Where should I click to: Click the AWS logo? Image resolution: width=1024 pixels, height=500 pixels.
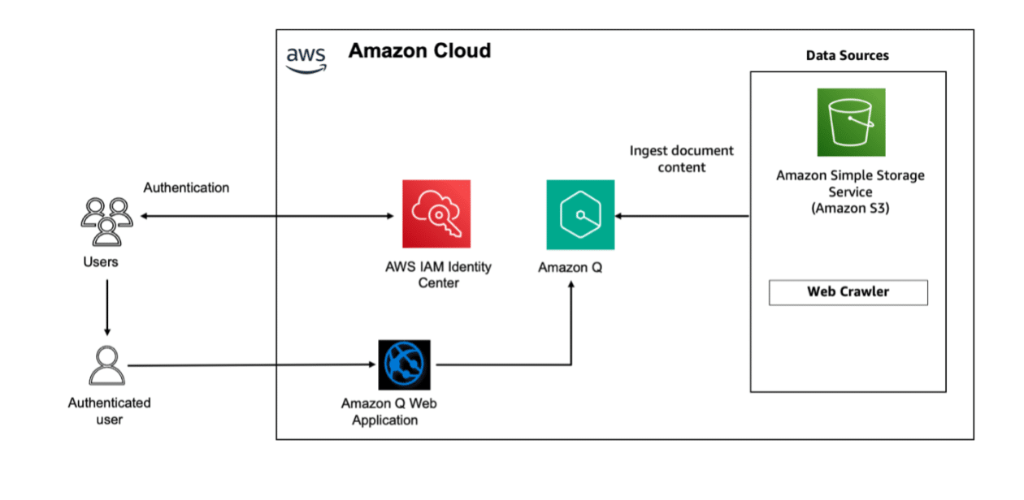pyautogui.click(x=306, y=58)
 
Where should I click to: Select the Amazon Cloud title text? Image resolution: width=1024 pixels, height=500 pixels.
pyautogui.click(x=419, y=51)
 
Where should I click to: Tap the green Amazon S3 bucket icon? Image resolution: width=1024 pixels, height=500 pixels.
pyautogui.click(x=851, y=122)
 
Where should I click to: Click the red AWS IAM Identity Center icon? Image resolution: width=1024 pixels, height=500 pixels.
pyautogui.click(x=436, y=213)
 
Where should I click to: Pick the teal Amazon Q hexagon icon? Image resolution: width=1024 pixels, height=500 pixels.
pyautogui.click(x=580, y=215)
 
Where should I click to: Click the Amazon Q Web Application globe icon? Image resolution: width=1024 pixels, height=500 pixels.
pyautogui.click(x=404, y=365)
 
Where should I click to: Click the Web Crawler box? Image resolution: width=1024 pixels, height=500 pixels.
pyautogui.click(x=848, y=292)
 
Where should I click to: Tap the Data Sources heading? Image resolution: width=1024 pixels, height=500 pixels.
pyautogui.click(x=847, y=56)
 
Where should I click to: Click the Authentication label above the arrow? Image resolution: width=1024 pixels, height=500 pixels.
pyautogui.click(x=186, y=187)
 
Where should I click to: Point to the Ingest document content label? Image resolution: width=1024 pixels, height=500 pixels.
pyautogui.click(x=681, y=158)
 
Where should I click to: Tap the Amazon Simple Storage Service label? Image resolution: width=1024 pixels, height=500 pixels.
pyautogui.click(x=850, y=192)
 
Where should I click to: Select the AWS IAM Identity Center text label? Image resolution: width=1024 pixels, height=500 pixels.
pyautogui.click(x=439, y=274)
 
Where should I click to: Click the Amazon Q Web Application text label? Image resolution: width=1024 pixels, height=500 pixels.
pyautogui.click(x=388, y=412)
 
